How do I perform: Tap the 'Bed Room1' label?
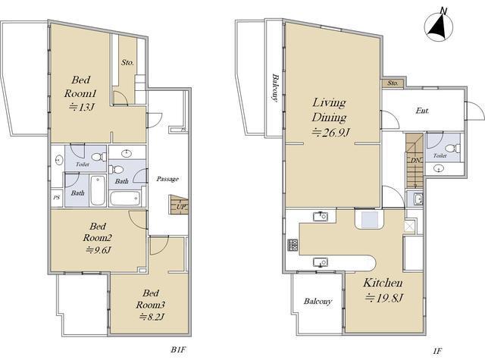click(x=81, y=86)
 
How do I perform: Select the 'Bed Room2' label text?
click(x=98, y=232)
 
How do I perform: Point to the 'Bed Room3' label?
click(x=151, y=299)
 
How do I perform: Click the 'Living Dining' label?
click(x=329, y=109)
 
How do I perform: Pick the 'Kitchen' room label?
click(x=383, y=283)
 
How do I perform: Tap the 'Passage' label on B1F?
click(x=167, y=179)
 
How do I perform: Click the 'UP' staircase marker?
click(x=180, y=207)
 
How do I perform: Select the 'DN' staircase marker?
click(x=415, y=161)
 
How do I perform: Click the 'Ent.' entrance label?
click(x=422, y=111)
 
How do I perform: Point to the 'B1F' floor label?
click(x=179, y=350)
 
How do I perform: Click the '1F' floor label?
click(x=438, y=351)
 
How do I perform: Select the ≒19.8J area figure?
click(x=383, y=298)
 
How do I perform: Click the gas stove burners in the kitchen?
click(x=293, y=245)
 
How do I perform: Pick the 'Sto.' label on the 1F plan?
click(x=393, y=83)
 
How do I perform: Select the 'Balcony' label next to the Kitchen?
click(x=318, y=301)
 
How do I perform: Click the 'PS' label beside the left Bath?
click(x=56, y=197)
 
